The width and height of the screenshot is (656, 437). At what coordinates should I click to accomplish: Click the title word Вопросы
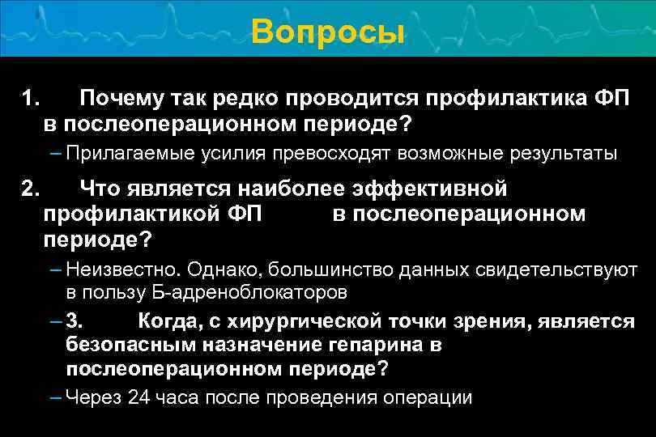tap(327, 32)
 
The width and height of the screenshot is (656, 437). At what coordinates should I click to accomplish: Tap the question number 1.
tap(30, 100)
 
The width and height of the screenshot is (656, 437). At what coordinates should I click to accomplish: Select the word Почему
tap(121, 100)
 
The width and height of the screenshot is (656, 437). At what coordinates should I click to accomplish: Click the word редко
tap(238, 100)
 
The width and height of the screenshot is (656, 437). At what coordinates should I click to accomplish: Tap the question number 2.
tap(30, 189)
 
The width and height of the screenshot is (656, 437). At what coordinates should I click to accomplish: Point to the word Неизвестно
tap(113, 269)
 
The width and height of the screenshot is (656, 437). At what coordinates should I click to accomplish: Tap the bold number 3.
tap(74, 321)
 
